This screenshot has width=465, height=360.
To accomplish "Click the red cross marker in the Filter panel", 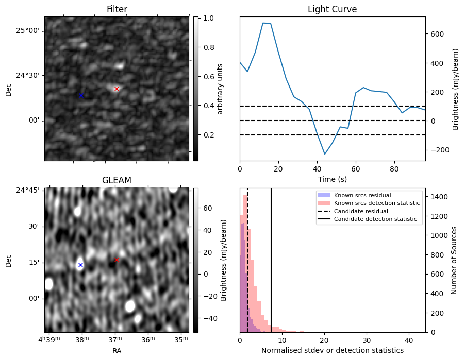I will (117, 89).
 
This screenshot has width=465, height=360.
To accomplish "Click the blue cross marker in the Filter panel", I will (81, 95).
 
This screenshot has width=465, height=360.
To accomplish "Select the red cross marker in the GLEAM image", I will (117, 260).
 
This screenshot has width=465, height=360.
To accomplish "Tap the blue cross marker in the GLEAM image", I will (80, 265).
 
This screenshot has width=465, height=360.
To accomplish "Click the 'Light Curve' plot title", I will (332, 9).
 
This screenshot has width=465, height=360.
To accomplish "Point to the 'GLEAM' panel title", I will (117, 180).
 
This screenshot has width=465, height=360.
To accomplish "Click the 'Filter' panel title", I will (117, 9).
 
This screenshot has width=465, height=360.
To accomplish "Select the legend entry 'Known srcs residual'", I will (362, 195).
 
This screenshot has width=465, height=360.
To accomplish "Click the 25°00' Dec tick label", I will (27, 30).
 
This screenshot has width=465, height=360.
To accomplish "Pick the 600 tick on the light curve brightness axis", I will (437, 34).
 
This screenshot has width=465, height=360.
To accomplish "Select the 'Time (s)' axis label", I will (332, 179).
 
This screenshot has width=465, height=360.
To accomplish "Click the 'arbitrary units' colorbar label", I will (220, 89).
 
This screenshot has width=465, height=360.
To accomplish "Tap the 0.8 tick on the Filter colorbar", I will (208, 47).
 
